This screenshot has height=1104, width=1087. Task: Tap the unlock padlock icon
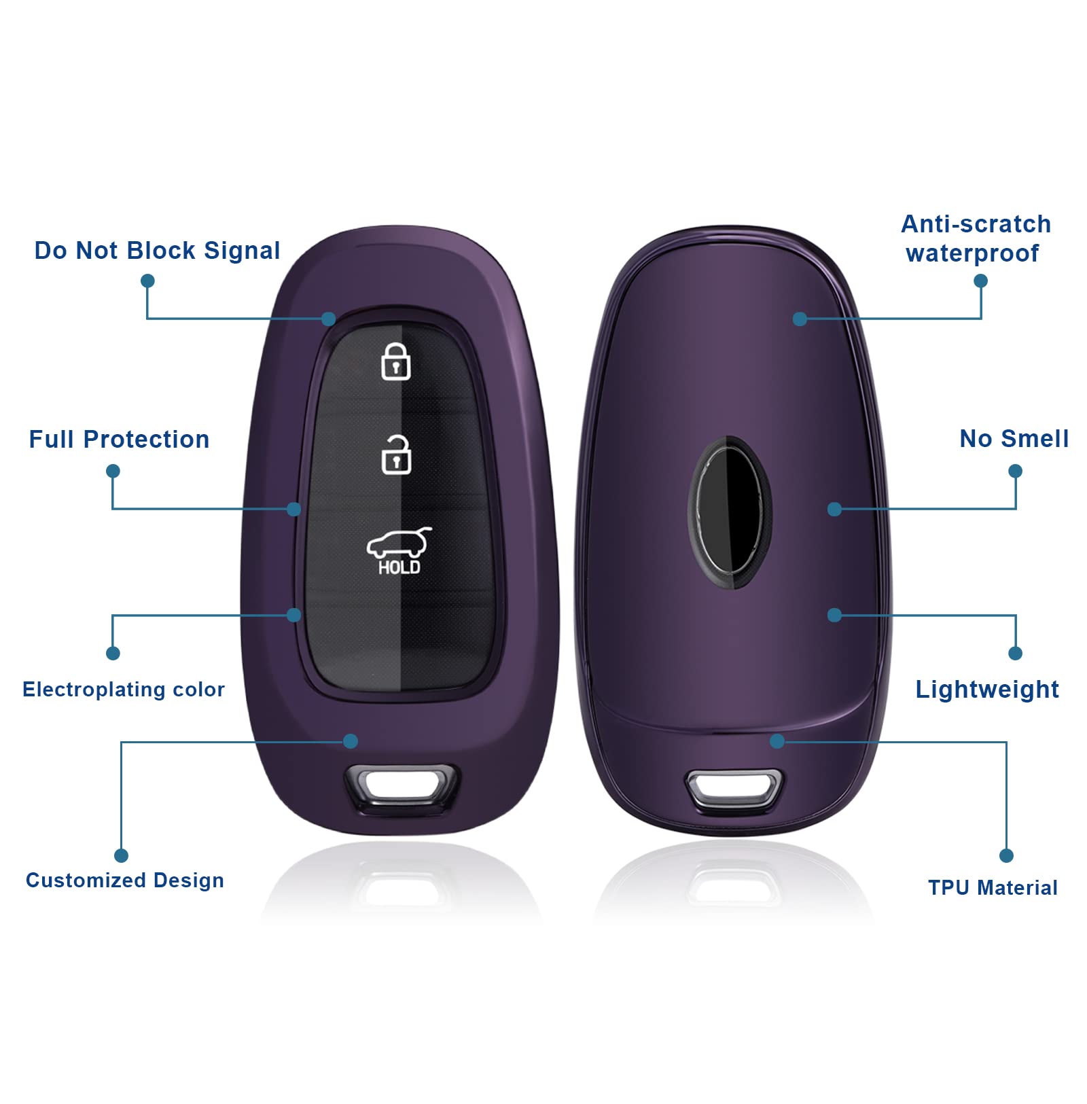(x=396, y=455)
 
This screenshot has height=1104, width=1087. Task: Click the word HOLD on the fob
(x=399, y=567)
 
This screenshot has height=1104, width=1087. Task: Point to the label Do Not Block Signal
(x=157, y=251)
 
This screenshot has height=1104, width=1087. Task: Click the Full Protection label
(x=119, y=440)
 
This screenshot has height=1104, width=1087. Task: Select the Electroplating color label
(x=124, y=690)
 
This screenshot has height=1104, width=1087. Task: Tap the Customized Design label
(x=125, y=880)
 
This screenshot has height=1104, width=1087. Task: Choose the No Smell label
(x=1014, y=439)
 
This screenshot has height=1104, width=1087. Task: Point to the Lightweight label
(x=987, y=690)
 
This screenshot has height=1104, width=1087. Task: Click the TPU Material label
(x=993, y=887)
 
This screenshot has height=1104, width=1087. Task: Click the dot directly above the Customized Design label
(x=122, y=855)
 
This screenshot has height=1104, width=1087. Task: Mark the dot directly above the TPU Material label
(x=1007, y=855)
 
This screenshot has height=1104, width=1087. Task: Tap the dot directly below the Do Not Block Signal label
(x=147, y=281)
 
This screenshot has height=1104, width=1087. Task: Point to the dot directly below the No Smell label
(x=1016, y=471)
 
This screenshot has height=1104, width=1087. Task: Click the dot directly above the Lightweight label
(x=1016, y=653)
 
